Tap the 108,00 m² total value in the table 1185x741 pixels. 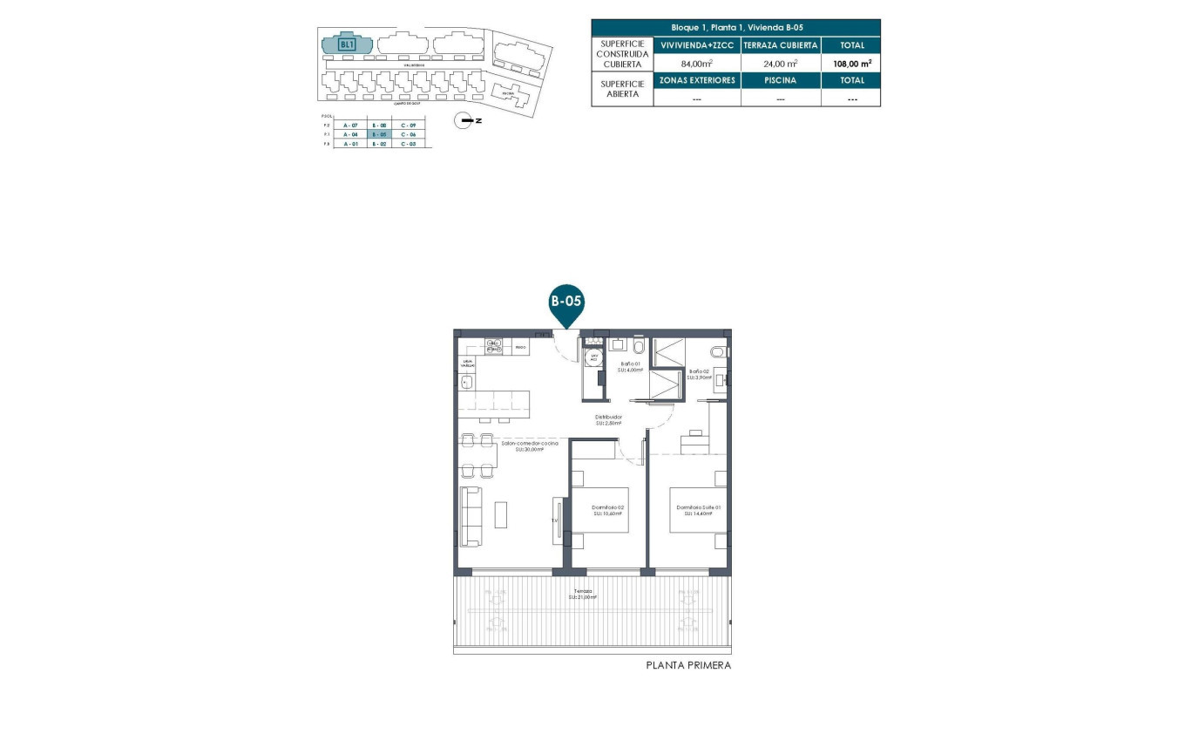(x=850, y=63)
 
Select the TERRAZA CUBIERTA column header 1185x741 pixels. (x=781, y=44)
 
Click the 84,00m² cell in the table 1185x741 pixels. (x=696, y=63)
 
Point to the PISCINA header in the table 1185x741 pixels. (x=781, y=80)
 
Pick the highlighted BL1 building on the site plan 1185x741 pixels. (x=348, y=43)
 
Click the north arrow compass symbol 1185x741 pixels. (x=468, y=120)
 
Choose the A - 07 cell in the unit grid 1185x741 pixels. (x=350, y=126)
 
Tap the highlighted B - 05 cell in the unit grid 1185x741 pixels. (x=379, y=135)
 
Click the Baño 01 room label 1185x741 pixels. (x=631, y=366)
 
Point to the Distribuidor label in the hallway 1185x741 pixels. (x=608, y=419)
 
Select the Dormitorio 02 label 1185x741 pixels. (x=608, y=510)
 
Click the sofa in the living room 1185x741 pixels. (x=471, y=516)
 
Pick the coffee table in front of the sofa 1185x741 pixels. (x=500, y=514)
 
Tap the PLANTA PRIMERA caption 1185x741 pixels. (x=688, y=665)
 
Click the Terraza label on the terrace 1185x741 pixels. (x=583, y=594)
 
